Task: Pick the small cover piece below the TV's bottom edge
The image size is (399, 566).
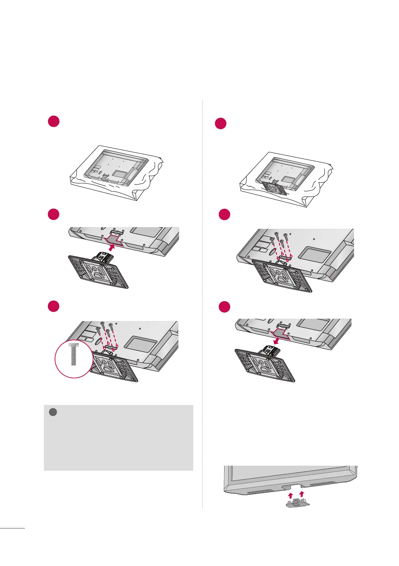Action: pyautogui.click(x=297, y=504)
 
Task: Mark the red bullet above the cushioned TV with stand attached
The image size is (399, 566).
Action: pyautogui.click(x=221, y=124)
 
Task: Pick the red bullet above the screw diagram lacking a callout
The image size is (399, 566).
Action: pyautogui.click(x=225, y=214)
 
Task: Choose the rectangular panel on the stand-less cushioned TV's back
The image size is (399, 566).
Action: pyautogui.click(x=119, y=173)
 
